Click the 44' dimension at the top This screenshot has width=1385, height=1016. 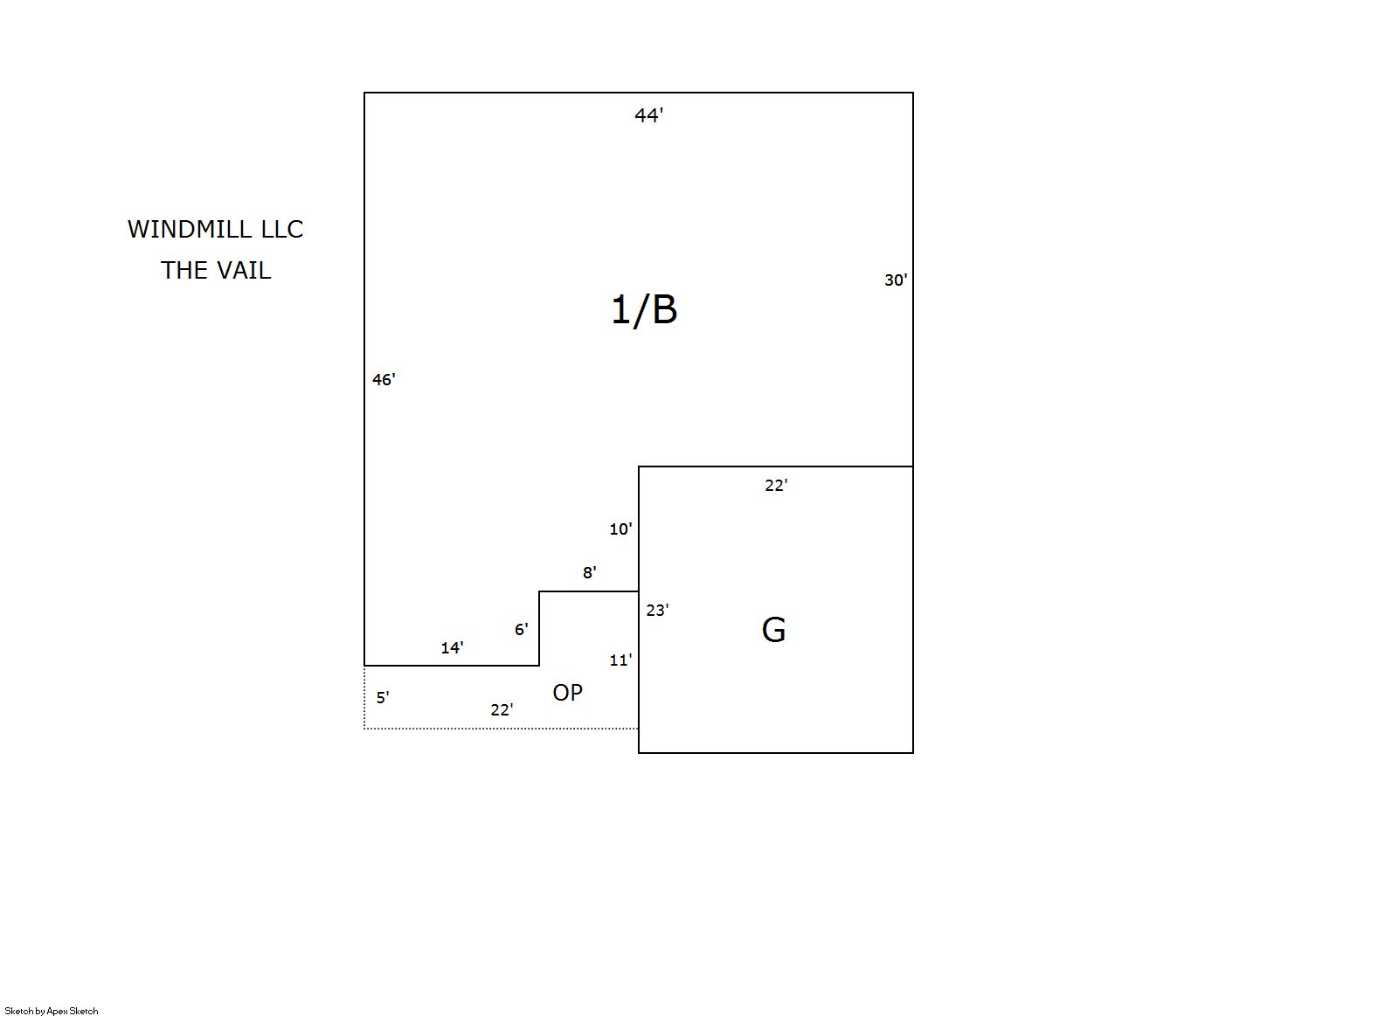tap(648, 115)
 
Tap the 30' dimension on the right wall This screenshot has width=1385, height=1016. tap(896, 280)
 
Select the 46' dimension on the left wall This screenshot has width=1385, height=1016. tap(384, 379)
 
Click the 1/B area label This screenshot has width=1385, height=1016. tap(644, 311)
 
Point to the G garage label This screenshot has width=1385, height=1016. tap(773, 631)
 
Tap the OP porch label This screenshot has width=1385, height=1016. tap(567, 693)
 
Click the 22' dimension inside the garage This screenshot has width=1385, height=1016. tap(776, 485)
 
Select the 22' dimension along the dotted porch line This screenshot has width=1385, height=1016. tap(502, 709)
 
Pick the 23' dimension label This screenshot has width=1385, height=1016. tap(657, 610)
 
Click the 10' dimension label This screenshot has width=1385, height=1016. tap(620, 529)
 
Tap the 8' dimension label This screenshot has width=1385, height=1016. tap(589, 572)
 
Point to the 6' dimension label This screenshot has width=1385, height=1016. tap(521, 629)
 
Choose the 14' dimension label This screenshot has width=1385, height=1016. tap(452, 647)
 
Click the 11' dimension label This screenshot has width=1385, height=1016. tap(620, 660)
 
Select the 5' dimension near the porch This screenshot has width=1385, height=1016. tap(383, 697)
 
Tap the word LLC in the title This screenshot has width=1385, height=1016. tap(282, 229)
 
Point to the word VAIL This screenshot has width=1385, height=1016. tap(242, 271)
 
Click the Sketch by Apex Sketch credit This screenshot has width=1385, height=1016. tap(52, 1011)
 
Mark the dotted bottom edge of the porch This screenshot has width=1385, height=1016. tap(501, 729)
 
